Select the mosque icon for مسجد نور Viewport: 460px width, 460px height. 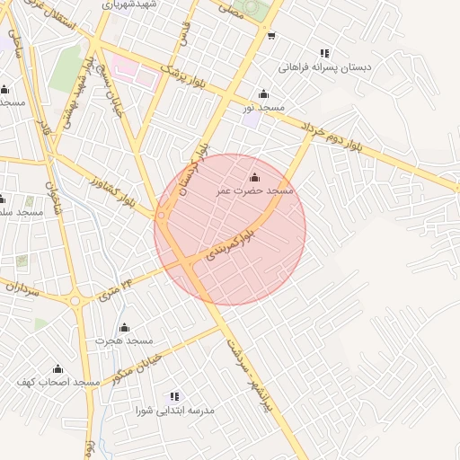pos(263,93)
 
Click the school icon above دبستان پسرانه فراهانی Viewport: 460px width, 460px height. pos(323,53)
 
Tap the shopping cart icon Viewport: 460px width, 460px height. pos(271,37)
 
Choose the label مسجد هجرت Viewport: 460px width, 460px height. pos(125,341)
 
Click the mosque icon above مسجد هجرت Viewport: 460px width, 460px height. pos(125,327)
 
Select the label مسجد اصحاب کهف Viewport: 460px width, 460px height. pos(57,383)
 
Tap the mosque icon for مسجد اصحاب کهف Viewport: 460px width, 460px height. pos(58,368)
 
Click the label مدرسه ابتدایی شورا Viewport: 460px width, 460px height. pos(175,411)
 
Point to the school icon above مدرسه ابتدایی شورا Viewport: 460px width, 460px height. pos(175,396)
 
